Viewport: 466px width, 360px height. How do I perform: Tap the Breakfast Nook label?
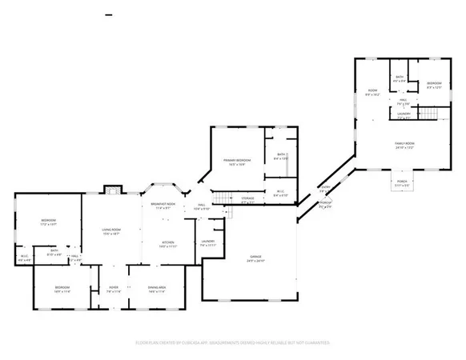click(x=163, y=206)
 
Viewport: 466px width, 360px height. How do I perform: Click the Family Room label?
click(x=404, y=145)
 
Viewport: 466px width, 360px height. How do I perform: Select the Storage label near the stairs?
click(x=247, y=199)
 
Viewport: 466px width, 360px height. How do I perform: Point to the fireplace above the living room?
click(x=113, y=190)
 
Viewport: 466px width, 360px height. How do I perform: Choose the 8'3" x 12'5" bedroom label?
click(x=434, y=85)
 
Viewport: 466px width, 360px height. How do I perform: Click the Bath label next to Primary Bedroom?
click(x=281, y=157)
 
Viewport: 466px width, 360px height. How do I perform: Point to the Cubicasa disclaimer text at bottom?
click(x=232, y=343)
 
